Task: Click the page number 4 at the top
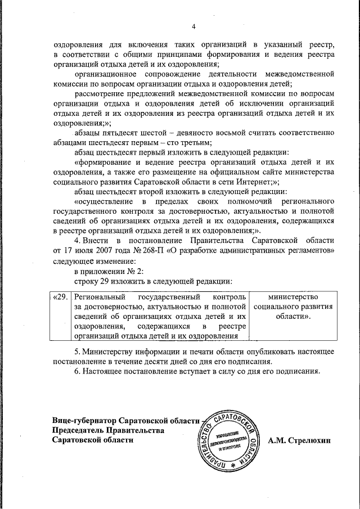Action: click(193, 26)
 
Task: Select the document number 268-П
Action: click(142, 250)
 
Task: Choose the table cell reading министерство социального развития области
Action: click(293, 306)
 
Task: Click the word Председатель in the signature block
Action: click(77, 430)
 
